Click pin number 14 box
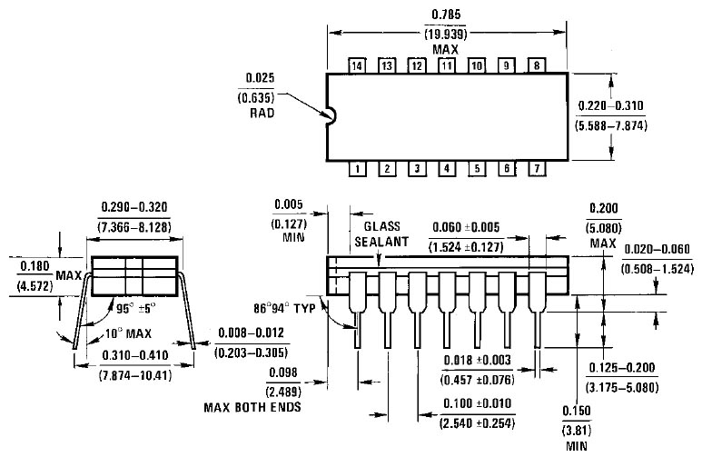(x=357, y=65)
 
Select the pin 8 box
(x=537, y=65)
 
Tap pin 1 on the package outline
(x=357, y=169)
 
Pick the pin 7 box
(x=537, y=168)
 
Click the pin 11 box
(x=447, y=65)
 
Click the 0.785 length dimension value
(x=446, y=15)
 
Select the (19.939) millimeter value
(x=446, y=34)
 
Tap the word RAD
(x=262, y=113)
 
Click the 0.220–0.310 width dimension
(x=610, y=105)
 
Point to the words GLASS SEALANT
(x=381, y=233)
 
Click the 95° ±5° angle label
(x=136, y=309)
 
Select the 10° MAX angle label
(x=128, y=333)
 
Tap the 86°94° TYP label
(x=285, y=308)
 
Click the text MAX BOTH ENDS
(x=252, y=407)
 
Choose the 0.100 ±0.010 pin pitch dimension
(x=478, y=403)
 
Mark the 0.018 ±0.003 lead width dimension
(x=478, y=360)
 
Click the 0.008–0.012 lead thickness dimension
(x=252, y=333)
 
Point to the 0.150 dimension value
(x=577, y=411)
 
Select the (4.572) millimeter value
(x=35, y=286)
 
